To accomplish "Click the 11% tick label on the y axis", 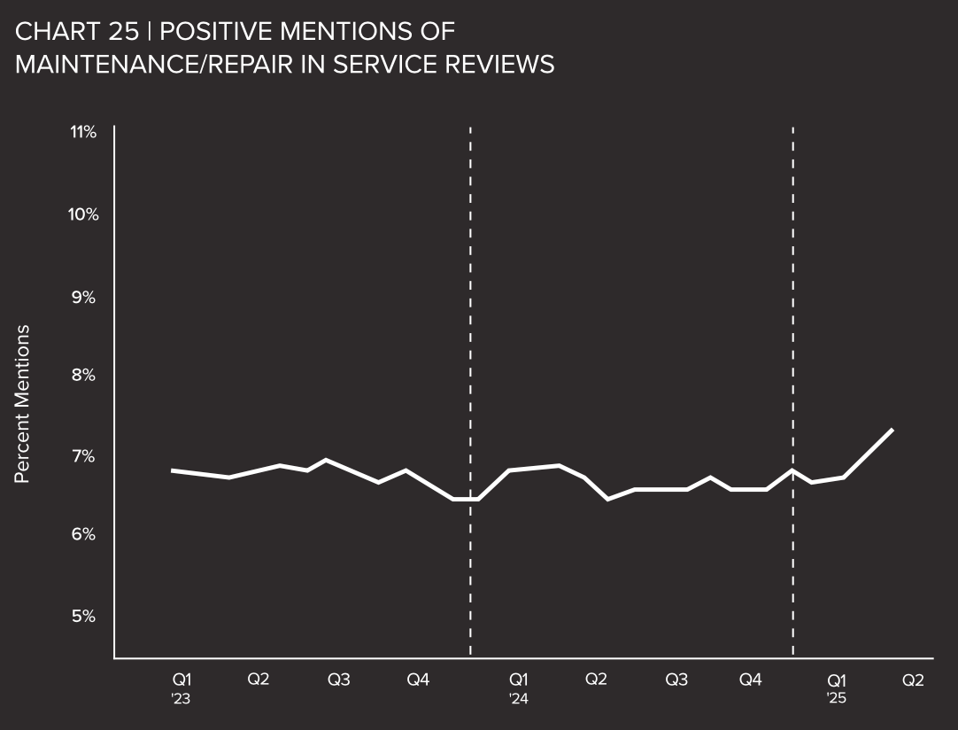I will [83, 132].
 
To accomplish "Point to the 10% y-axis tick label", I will [82, 214].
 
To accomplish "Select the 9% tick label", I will [83, 296].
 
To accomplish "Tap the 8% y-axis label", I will [83, 375].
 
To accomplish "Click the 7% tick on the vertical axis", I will [83, 455].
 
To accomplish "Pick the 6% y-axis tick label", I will [83, 534].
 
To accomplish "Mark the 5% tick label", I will [83, 616].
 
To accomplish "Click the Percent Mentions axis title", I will [23, 404].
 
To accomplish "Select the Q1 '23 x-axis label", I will [182, 687].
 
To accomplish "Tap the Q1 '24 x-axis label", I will [519, 687].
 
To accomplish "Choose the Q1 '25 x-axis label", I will [837, 687].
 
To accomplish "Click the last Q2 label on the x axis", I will [913, 680].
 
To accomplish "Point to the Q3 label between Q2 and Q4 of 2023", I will [339, 680].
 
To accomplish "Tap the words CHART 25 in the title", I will [77, 32].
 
